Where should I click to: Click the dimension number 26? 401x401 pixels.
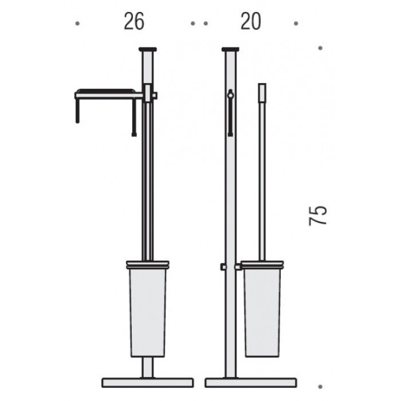pos(134,21)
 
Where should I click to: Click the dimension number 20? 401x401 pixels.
pos(251,21)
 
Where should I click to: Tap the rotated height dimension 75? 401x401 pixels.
pos(318,215)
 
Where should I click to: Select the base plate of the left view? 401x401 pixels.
pos(147,383)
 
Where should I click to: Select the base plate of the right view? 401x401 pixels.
pos(251,383)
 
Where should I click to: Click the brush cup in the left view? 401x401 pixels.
pos(148,309)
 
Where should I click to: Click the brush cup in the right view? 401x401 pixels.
pos(262,309)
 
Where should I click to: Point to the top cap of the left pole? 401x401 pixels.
pos(147,49)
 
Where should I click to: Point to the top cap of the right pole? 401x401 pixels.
pos(231,49)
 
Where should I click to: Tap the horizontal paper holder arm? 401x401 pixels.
pos(109,95)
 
